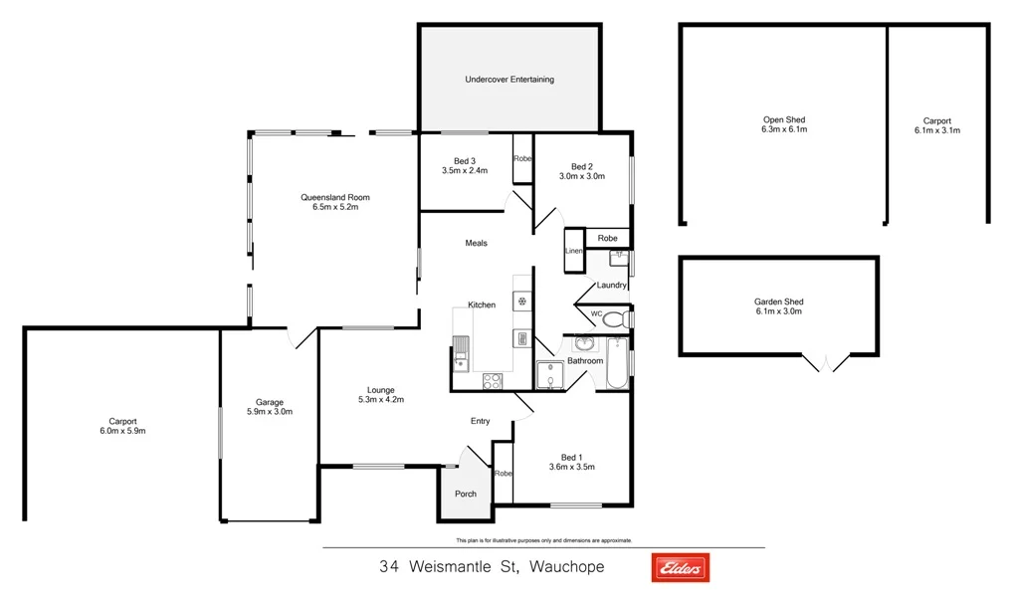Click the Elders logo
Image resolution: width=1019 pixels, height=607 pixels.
680,568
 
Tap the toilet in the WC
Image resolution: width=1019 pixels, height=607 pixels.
615,318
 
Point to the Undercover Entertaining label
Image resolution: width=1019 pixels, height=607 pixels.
509,80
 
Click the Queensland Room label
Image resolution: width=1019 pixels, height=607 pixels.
334,197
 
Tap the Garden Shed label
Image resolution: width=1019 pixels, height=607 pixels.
778,302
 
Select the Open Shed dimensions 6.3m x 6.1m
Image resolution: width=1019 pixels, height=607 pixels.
783,129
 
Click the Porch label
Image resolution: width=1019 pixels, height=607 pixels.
465,494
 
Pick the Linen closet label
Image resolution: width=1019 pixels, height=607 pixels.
573,251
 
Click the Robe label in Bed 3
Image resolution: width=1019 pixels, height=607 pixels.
522,159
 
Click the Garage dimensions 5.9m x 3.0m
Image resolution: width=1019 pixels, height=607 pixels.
269,411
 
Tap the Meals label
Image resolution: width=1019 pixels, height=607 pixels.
476,243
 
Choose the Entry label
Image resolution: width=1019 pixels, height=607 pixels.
481,421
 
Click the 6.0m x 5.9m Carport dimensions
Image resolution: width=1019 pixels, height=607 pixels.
122,431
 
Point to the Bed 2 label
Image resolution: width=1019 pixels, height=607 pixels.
582,166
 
